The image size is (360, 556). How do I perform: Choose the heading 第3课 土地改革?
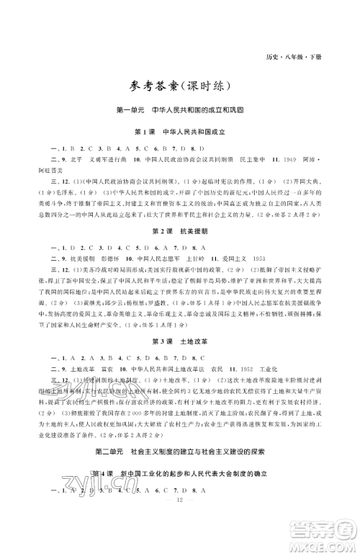179,340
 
